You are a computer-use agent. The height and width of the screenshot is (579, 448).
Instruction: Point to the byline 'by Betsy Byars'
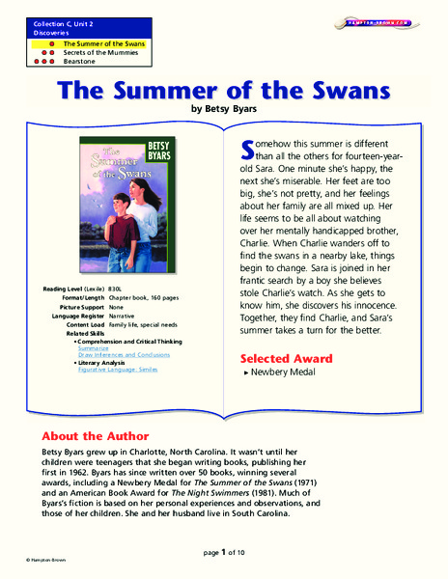click(223, 110)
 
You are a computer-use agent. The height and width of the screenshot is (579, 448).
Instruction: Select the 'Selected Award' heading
click(286, 359)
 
